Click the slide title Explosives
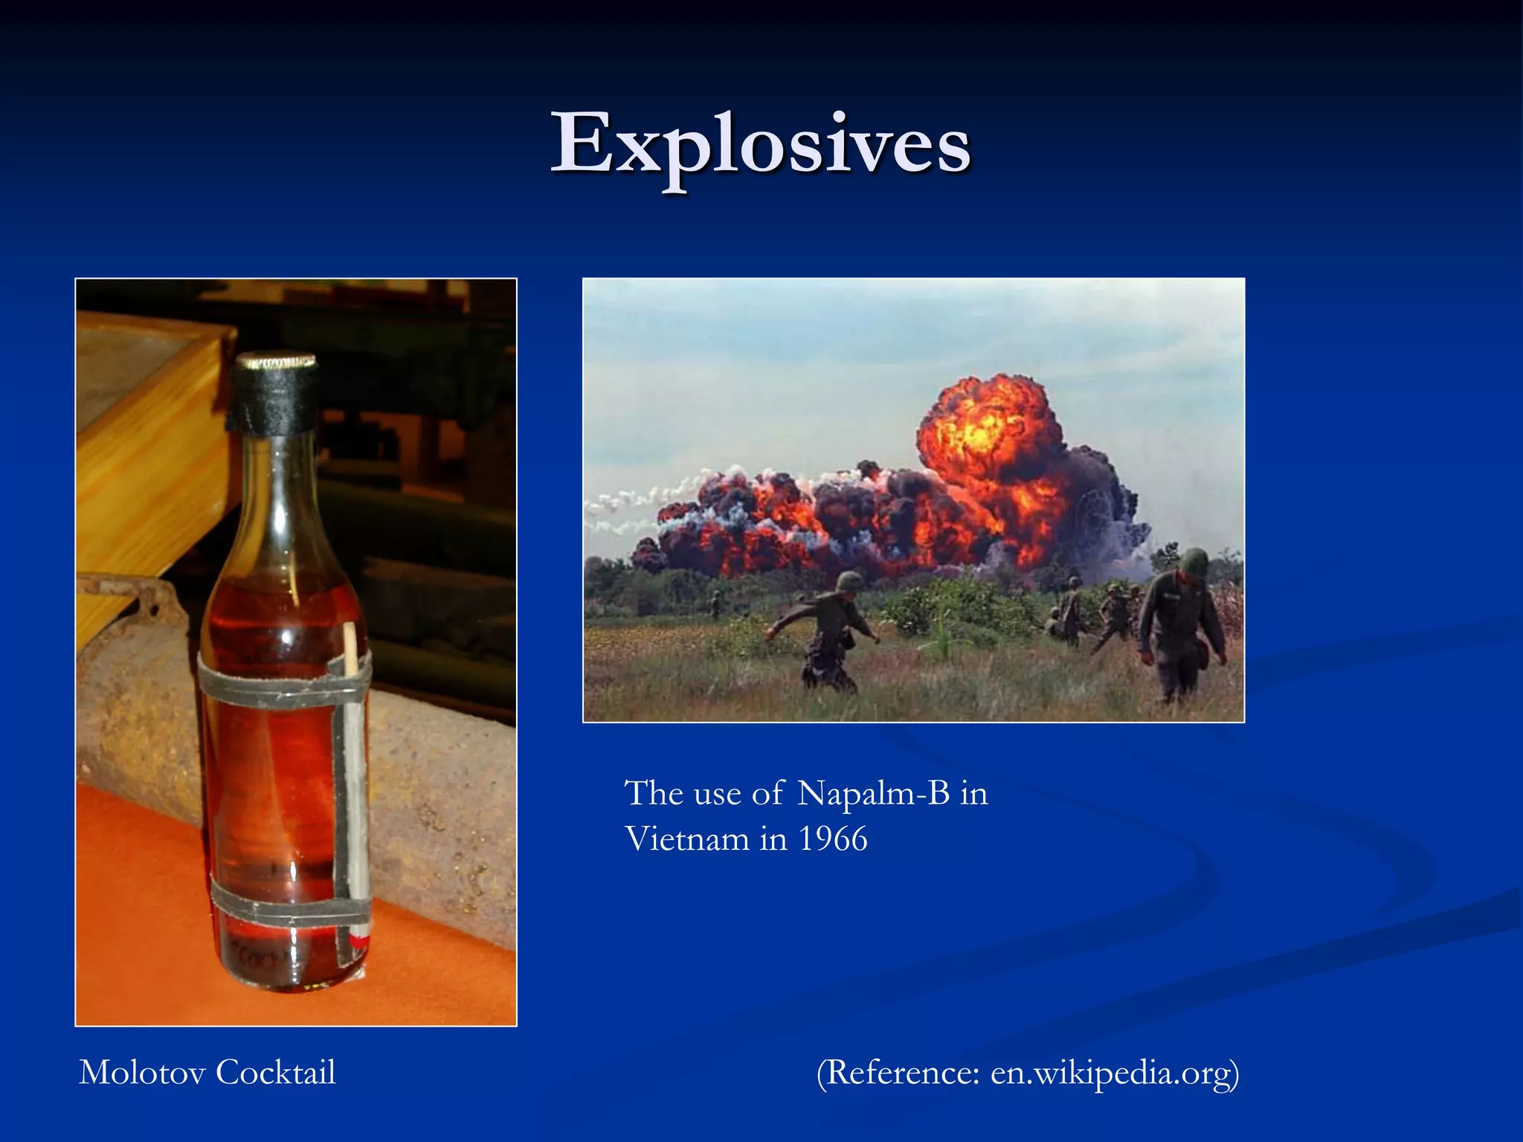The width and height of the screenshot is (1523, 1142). pyautogui.click(x=760, y=143)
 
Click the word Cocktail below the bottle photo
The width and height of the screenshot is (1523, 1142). pyautogui.click(x=276, y=1072)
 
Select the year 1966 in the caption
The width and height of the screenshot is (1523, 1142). pyautogui.click(x=833, y=839)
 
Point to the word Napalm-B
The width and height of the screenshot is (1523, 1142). pyautogui.click(x=874, y=793)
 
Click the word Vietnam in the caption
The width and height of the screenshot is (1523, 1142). pyautogui.click(x=686, y=839)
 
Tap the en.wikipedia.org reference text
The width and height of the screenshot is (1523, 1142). pyautogui.click(x=1111, y=1073)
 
